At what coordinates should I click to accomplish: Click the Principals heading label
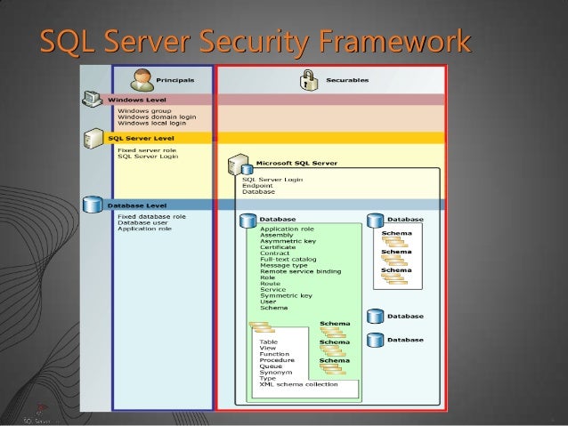point(174,80)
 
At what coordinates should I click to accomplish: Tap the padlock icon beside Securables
point(309,80)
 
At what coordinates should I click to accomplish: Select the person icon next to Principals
point(142,78)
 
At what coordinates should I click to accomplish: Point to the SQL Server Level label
point(142,138)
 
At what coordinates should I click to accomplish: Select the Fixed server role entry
point(147,150)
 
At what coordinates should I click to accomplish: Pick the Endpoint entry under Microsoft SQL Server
point(259,185)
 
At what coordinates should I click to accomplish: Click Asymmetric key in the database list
point(287,240)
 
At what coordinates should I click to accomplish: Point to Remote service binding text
point(300,271)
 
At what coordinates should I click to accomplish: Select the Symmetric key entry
point(286,295)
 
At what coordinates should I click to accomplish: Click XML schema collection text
point(298,383)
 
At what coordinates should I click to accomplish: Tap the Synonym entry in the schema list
point(273,371)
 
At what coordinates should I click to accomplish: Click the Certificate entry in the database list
point(279,246)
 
